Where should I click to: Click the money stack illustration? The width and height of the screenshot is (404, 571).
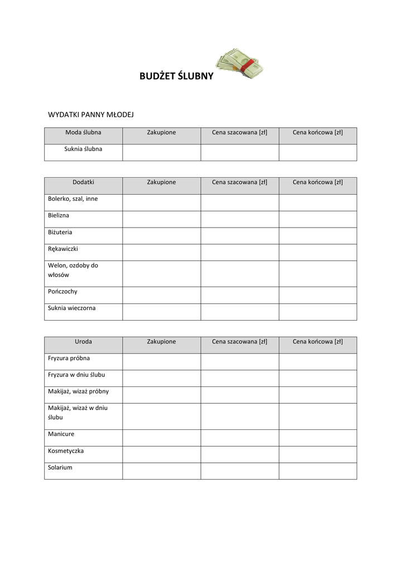(240, 64)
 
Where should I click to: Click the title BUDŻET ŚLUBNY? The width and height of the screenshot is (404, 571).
(176, 76)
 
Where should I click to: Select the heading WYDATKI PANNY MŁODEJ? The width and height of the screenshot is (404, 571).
(91, 115)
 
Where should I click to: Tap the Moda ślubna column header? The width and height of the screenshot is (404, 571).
(83, 133)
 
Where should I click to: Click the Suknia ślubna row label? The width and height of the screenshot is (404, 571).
(83, 149)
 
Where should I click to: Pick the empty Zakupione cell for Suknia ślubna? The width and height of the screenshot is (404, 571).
(161, 152)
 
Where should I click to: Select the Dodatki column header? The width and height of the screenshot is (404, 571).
(83, 182)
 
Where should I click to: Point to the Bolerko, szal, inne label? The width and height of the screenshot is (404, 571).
(73, 199)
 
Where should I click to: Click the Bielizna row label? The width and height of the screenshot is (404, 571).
(59, 215)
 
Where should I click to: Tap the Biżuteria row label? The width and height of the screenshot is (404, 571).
(60, 232)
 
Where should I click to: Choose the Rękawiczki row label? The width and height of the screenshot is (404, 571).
(63, 249)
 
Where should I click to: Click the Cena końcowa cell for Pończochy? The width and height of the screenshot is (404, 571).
(318, 295)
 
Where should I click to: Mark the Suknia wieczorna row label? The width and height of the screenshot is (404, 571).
(72, 308)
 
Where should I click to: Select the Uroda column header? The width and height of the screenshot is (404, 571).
(83, 342)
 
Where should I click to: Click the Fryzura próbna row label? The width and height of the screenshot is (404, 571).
(69, 358)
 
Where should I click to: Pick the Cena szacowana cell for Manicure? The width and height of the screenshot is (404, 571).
(239, 438)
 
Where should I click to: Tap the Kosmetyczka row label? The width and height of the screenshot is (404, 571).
(66, 451)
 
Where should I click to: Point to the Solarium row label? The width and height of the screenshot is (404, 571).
(60, 467)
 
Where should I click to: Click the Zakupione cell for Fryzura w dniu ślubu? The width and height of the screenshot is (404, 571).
(161, 378)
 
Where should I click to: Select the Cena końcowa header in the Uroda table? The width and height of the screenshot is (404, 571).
(318, 342)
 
